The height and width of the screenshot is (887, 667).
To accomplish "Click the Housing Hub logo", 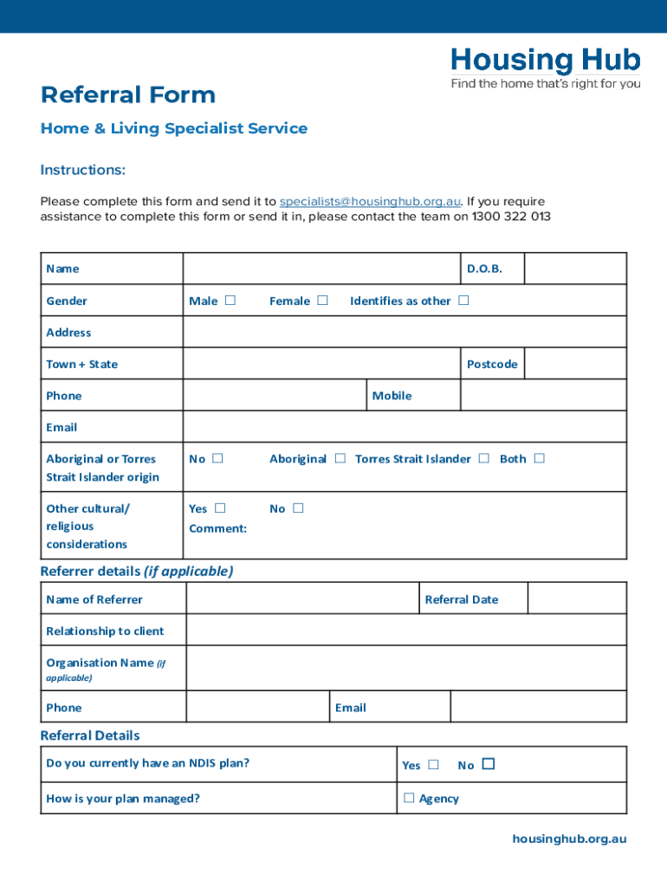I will tap(545, 68).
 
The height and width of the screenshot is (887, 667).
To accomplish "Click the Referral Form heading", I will tap(127, 94).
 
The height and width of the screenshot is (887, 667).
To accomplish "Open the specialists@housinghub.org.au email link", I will tap(370, 202).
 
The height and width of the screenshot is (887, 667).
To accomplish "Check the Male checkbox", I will tap(230, 301).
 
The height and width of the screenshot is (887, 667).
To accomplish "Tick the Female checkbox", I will tap(322, 301).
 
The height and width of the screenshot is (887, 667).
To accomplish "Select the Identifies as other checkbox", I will tap(463, 301).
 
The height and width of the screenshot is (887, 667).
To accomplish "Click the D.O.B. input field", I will tap(575, 269).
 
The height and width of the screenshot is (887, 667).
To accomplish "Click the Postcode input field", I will tap(575, 364).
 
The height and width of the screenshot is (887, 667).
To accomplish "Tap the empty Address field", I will tap(404, 333).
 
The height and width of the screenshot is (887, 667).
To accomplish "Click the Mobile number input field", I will tap(543, 396).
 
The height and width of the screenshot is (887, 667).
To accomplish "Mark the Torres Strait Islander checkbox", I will tap(483, 458).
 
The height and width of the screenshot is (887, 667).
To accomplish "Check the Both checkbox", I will tap(539, 458).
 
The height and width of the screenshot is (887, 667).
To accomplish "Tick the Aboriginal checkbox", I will tap(340, 458).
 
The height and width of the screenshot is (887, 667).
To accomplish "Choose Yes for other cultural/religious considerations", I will tap(220, 508).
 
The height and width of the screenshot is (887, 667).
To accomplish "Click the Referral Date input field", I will tap(576, 599).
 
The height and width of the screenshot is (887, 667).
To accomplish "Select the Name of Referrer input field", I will tap(302, 599).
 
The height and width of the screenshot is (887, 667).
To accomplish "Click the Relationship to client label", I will tap(105, 631).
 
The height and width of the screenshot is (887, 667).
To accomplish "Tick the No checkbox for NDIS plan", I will tap(489, 764).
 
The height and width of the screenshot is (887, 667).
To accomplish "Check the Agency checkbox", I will tap(409, 798).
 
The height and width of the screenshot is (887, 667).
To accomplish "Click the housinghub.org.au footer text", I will tap(569, 838).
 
